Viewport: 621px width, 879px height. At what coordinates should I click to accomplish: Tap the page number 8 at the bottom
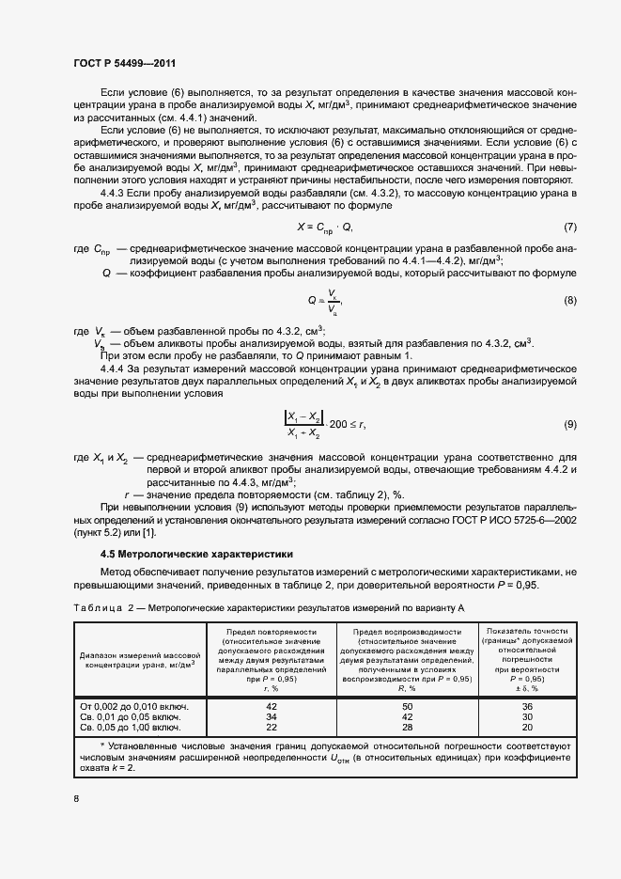tap(75, 798)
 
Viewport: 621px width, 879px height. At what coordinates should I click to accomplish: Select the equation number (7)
tap(569, 228)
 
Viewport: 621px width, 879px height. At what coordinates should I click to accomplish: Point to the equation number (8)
tap(569, 300)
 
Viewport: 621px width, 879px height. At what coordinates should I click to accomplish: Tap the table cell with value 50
tap(407, 705)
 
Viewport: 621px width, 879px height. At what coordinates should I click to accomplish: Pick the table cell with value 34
tap(272, 716)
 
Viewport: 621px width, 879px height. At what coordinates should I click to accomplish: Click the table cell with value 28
tap(407, 727)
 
